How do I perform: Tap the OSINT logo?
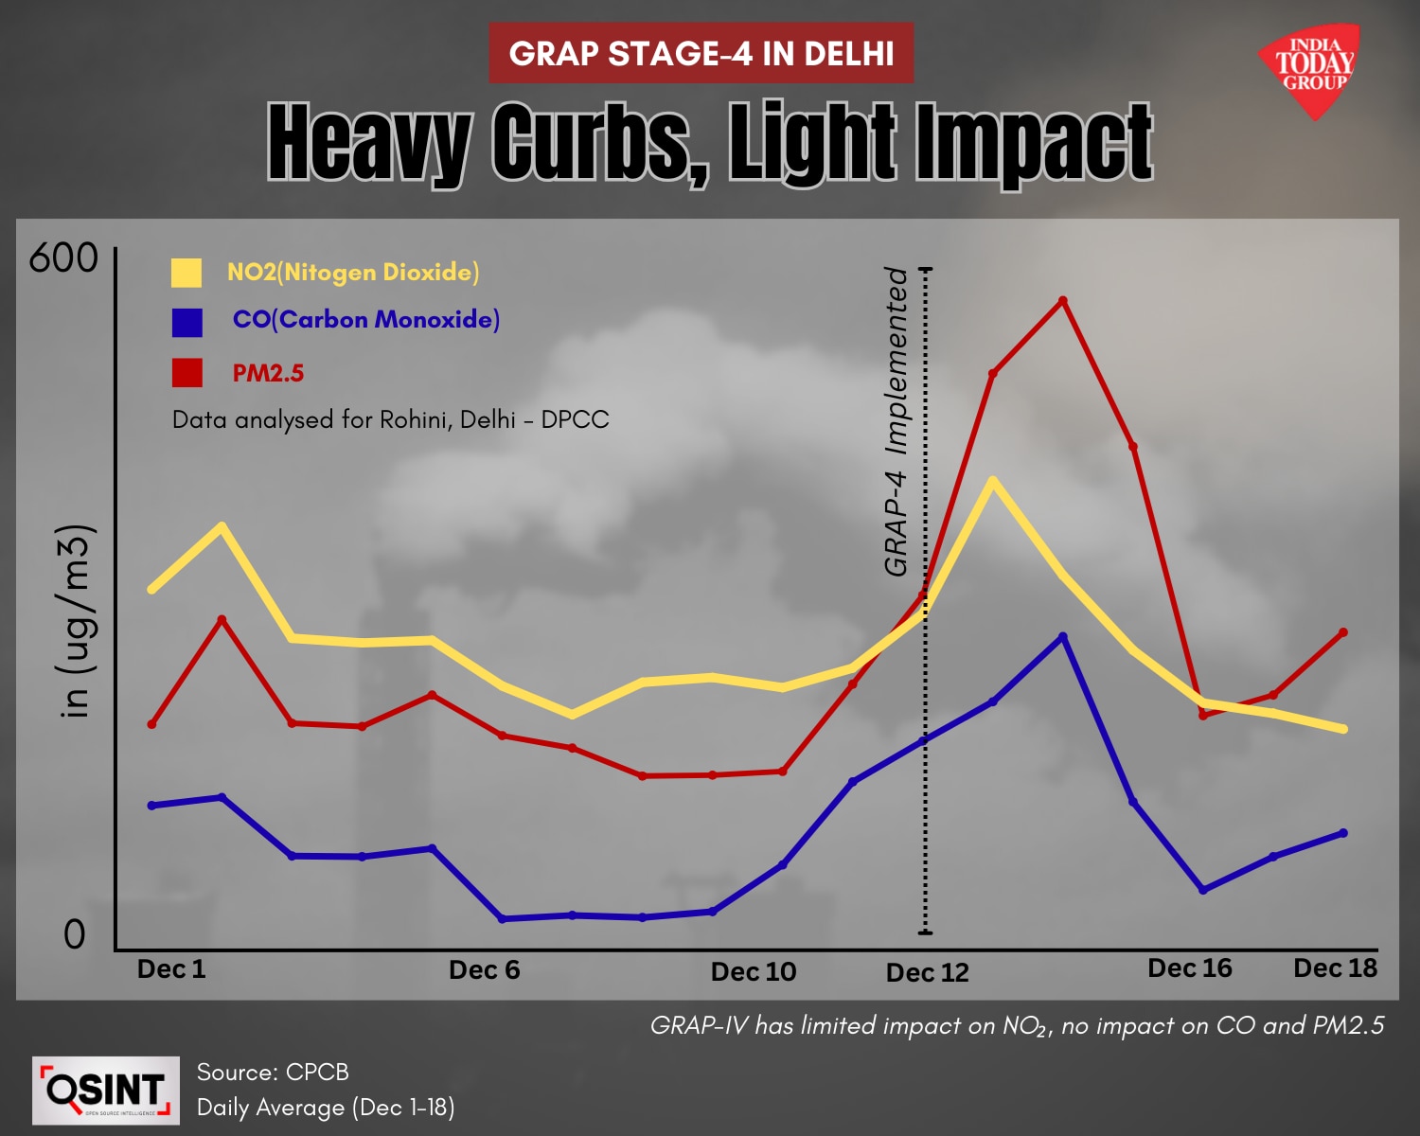pyautogui.click(x=105, y=1091)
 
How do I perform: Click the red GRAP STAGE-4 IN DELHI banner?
pyautogui.click(x=701, y=54)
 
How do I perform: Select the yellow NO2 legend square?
pyautogui.click(x=186, y=273)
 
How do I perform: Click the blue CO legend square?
pyautogui.click(x=186, y=322)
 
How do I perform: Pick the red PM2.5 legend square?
pyautogui.click(x=186, y=373)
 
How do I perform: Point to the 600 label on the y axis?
pyautogui.click(x=63, y=258)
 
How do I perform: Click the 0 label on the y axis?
pyautogui.click(x=74, y=934)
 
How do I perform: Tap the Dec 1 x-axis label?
pyautogui.click(x=171, y=969)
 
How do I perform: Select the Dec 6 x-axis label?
pyautogui.click(x=484, y=970)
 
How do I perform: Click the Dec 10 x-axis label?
pyautogui.click(x=753, y=972)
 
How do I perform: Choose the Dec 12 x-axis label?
pyautogui.click(x=927, y=973)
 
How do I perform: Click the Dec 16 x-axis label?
pyautogui.click(x=1189, y=968)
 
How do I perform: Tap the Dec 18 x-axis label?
pyautogui.click(x=1335, y=968)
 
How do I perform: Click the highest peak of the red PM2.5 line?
pyautogui.click(x=1063, y=301)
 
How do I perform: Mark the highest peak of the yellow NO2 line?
pyautogui.click(x=992, y=481)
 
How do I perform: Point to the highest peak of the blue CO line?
pyautogui.click(x=1063, y=636)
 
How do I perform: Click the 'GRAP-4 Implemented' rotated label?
pyautogui.click(x=896, y=421)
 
